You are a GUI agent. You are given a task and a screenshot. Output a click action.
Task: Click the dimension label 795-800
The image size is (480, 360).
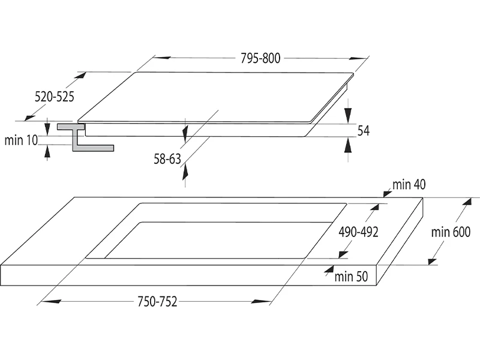260,58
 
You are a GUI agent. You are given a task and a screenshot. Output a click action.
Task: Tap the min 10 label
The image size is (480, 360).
21,140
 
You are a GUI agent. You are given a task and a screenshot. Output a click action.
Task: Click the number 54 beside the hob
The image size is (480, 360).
363,131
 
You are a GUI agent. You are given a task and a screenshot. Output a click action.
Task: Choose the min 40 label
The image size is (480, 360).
409,184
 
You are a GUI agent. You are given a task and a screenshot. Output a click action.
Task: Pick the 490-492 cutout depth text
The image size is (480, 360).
358,232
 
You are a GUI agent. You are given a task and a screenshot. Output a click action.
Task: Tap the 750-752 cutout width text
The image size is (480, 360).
158,302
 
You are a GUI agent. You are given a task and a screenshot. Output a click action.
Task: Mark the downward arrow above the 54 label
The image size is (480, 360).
349,114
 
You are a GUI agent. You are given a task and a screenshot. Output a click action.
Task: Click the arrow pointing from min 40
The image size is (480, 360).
386,191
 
